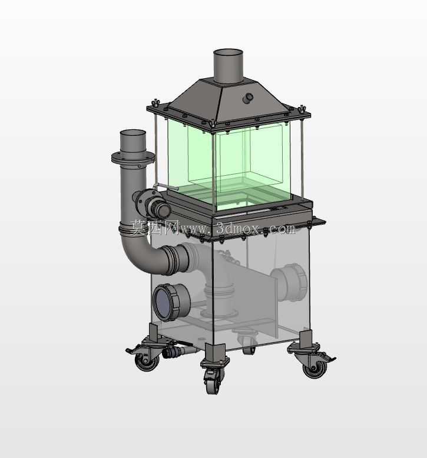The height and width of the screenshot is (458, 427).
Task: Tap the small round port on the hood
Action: coord(248,98)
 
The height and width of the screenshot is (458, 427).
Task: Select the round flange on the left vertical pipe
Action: coord(133,158)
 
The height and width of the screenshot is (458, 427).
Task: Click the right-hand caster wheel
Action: coord(315,369)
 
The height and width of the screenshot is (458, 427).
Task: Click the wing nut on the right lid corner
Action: coord(302,109)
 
